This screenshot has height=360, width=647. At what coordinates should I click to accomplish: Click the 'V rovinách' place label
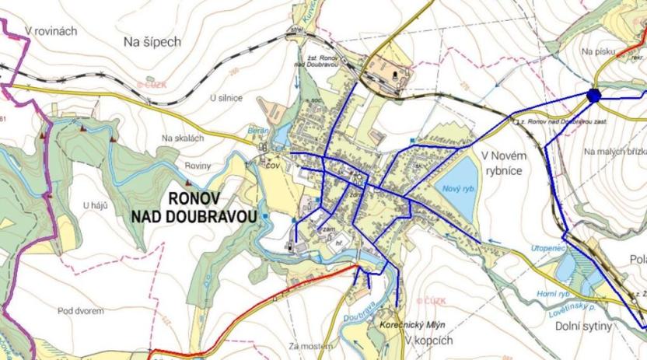(51, 30)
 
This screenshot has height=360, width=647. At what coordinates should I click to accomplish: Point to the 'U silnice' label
(226, 98)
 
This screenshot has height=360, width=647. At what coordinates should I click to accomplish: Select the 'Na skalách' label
(183, 138)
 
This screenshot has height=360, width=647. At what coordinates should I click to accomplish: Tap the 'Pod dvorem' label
(81, 311)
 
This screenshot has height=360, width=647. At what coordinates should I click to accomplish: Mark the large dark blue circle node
(593, 96)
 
